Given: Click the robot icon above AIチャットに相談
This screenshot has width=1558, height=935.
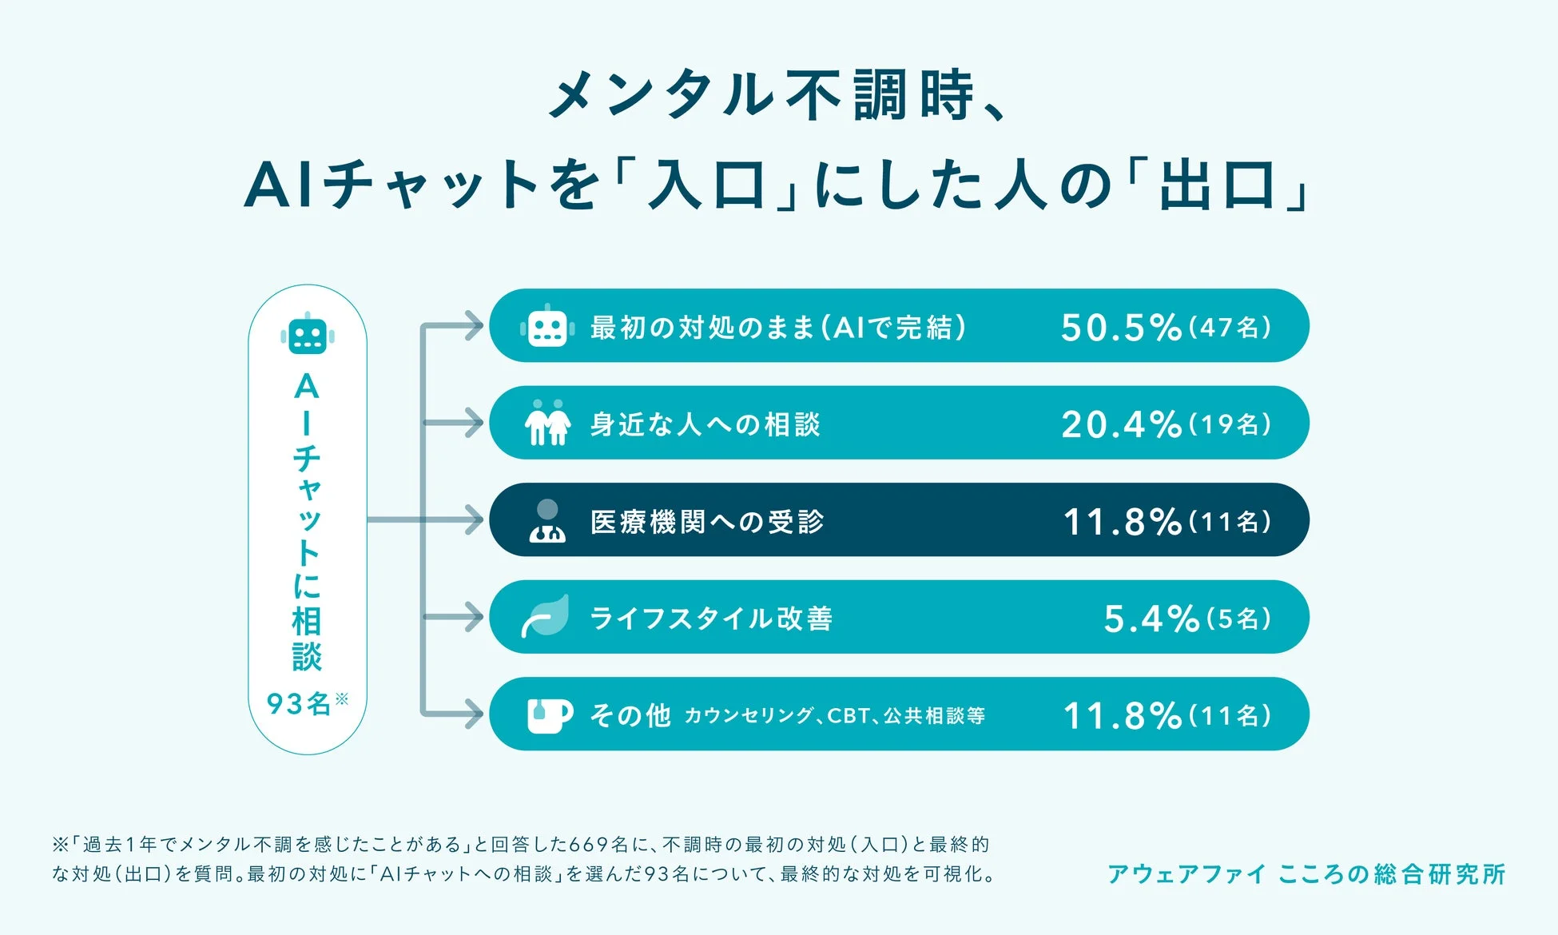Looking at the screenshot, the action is point(308,334).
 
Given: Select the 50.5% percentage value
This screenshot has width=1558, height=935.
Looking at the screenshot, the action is point(1121,327).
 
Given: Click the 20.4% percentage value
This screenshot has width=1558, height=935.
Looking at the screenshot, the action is point(1121,424).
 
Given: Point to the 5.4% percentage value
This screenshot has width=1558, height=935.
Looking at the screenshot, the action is point(1151,619).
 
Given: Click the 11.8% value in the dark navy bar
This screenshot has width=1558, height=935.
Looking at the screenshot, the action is point(1123,521).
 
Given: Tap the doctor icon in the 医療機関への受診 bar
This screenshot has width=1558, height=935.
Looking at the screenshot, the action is point(547,521).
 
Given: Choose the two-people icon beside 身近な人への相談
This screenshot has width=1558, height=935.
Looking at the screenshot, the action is point(547,423).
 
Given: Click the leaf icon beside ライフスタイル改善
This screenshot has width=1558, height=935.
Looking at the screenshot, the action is point(546,616).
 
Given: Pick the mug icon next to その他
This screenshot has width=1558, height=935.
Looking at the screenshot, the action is point(550,715).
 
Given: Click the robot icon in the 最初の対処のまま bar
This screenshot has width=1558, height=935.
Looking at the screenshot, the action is point(547,326).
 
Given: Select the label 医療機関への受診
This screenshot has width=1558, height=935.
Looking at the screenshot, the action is point(707,522).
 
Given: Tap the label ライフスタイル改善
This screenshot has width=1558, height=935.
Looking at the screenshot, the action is point(711,619).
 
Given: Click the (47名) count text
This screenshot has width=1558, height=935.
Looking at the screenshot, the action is point(1230,327).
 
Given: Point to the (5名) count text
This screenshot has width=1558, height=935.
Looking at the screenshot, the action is point(1238,619).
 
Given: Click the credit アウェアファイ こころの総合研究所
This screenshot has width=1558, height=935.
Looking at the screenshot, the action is point(1306,873).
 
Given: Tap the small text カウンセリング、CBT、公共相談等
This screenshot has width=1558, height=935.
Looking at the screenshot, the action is point(834,715).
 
